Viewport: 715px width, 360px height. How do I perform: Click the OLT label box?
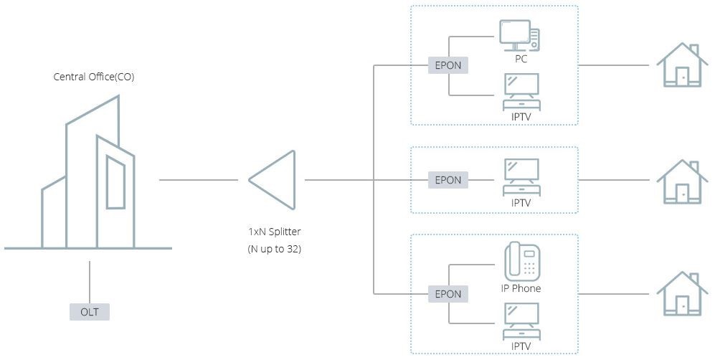pyautogui.click(x=90, y=312)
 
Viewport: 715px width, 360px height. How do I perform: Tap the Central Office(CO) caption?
pyautogui.click(x=94, y=77)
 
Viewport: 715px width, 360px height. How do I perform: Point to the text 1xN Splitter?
pyautogui.click(x=275, y=232)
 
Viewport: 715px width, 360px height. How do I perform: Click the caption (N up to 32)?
pyautogui.click(x=275, y=249)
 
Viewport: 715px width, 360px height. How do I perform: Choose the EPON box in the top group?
pyautogui.click(x=448, y=65)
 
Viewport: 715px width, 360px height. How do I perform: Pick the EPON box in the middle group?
pyautogui.click(x=448, y=180)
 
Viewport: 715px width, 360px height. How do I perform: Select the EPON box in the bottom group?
pyautogui.click(x=448, y=294)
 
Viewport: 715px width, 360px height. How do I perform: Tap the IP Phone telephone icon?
pyautogui.click(x=521, y=262)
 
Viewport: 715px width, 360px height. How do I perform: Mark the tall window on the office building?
pyautogui.click(x=115, y=181)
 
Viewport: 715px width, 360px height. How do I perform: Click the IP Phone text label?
pyautogui.click(x=521, y=288)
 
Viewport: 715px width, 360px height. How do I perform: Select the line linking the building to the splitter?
pyautogui.click(x=198, y=179)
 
